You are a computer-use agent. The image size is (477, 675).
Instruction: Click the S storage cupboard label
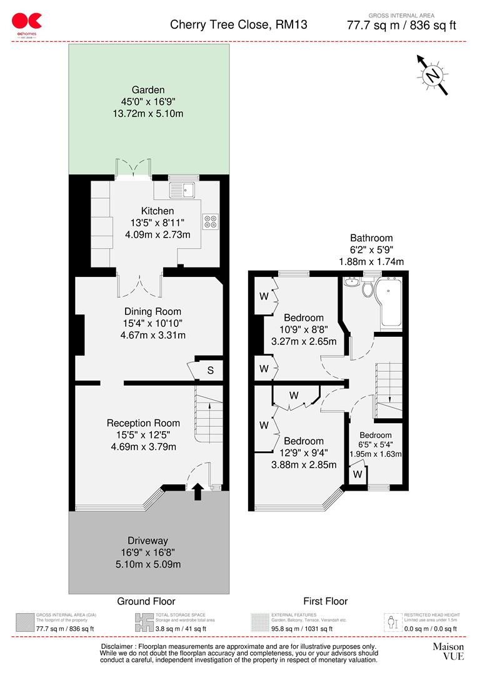(211, 371)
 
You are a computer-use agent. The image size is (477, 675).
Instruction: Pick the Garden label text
(148, 90)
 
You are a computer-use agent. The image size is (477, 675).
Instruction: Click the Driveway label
(148, 541)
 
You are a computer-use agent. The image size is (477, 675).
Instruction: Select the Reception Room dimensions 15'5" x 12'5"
(144, 434)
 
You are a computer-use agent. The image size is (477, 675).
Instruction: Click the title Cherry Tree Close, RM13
(239, 25)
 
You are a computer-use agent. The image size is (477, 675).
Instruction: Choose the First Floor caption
(325, 601)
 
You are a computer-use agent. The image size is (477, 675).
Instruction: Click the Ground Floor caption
(146, 601)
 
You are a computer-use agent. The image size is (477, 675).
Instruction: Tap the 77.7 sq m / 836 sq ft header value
(401, 26)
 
